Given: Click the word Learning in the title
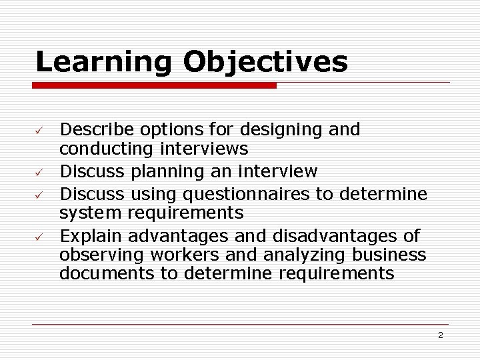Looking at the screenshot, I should point(103,62).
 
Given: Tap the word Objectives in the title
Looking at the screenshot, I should point(265,62).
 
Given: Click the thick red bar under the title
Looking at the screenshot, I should point(155,85).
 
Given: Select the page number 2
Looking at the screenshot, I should point(440,335).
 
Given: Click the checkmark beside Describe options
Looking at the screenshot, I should point(39,129).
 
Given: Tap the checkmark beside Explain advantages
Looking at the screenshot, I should point(39,237).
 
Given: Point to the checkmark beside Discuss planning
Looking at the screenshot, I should point(39,173).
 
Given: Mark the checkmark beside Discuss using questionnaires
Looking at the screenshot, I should point(39,194).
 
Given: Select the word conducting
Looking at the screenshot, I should point(99,148).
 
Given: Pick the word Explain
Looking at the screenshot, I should point(91,235).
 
